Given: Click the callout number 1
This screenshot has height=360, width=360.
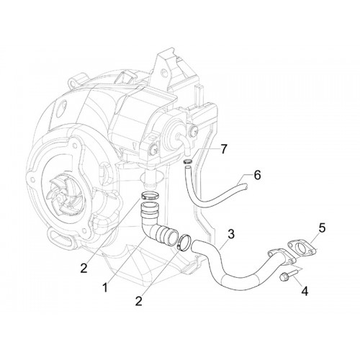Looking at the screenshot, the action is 105,287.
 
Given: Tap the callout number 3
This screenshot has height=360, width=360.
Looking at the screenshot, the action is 231,234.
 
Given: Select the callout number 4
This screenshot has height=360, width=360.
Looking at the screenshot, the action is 305,292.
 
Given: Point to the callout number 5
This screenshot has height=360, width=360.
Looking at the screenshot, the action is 322,228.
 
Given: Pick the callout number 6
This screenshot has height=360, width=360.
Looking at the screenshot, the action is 257,175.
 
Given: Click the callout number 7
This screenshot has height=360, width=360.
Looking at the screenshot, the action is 224,149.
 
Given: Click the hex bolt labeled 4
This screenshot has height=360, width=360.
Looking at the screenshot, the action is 288,275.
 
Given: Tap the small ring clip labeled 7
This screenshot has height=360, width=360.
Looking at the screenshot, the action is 187,161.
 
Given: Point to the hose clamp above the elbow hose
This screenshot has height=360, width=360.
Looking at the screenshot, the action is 149,195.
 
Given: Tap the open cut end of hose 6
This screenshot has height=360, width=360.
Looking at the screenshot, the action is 246,186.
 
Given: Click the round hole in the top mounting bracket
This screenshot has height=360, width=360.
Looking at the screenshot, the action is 163,71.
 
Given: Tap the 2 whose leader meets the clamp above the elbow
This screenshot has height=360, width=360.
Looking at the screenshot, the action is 84,268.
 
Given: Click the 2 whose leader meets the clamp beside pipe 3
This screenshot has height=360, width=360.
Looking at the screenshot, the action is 138,300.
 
